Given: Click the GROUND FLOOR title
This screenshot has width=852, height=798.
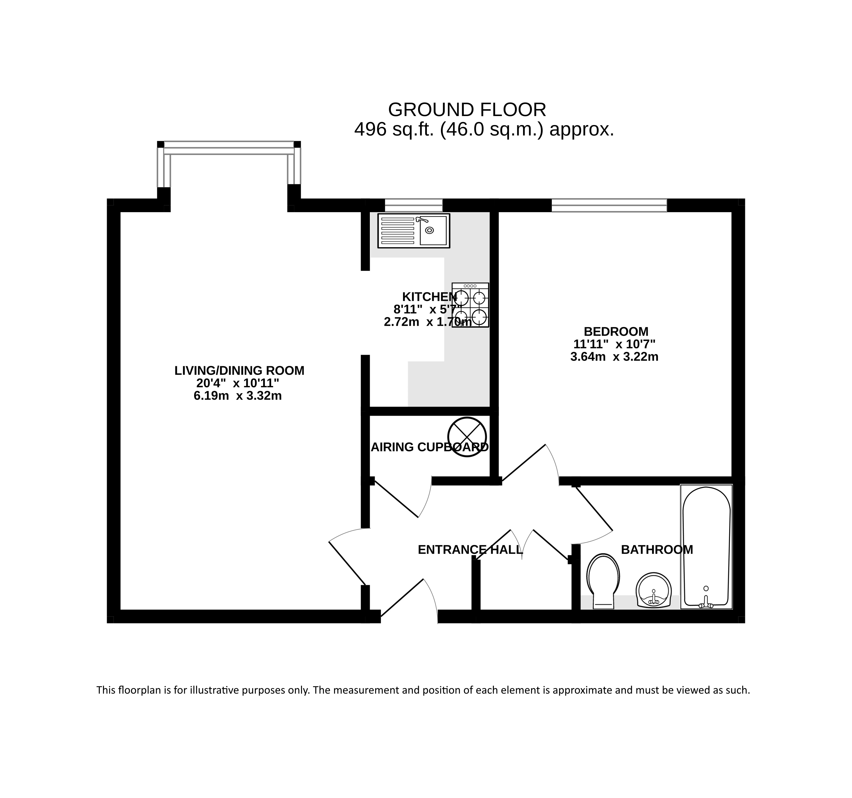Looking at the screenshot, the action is (467, 110).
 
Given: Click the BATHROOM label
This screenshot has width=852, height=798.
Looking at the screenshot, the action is (657, 550).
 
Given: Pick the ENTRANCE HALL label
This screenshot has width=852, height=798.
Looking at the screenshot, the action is (470, 550).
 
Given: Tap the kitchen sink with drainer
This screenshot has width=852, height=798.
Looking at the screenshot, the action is (413, 231).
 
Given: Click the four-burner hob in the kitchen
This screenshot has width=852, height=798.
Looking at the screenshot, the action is (470, 305).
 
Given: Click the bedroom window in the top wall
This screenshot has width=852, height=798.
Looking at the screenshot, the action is (609, 205).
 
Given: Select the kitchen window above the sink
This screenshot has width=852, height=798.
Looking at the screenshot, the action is (413, 205).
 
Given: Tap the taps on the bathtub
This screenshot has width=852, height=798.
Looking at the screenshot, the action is (706, 604).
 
